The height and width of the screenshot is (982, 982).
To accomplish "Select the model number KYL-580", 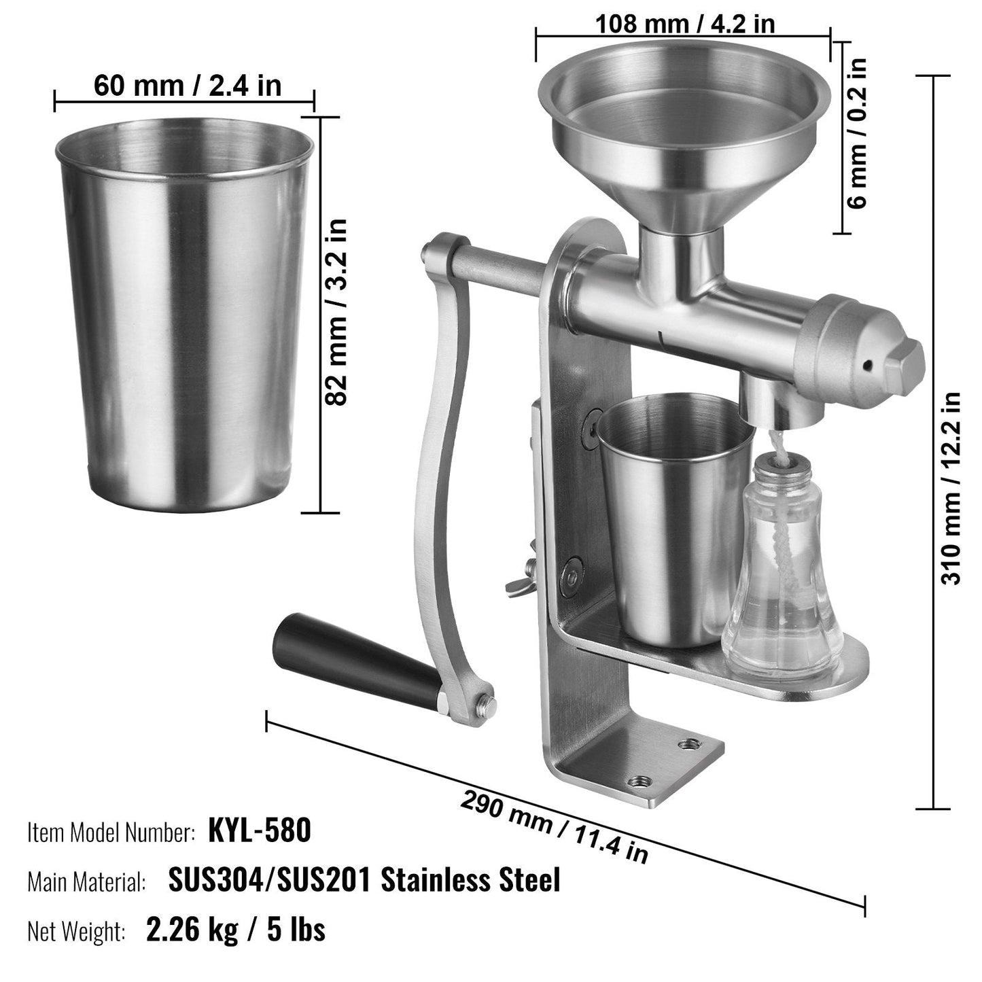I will (x=260, y=830).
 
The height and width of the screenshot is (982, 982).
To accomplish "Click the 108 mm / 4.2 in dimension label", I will (x=684, y=23).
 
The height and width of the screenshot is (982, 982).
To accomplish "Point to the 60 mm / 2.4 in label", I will (x=187, y=86).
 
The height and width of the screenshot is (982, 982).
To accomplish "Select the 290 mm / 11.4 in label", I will (x=554, y=826).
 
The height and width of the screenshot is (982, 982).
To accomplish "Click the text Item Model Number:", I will (x=111, y=832).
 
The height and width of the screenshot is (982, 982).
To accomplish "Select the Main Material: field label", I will (x=86, y=882).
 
